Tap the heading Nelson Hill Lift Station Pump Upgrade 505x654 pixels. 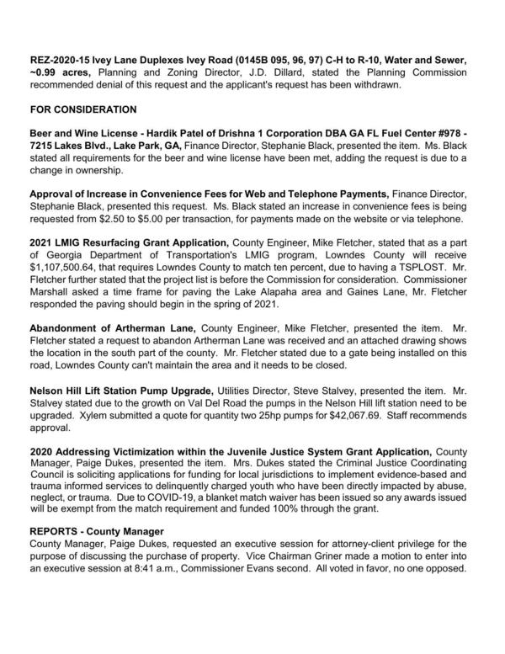pyautogui.click(x=121, y=392)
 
